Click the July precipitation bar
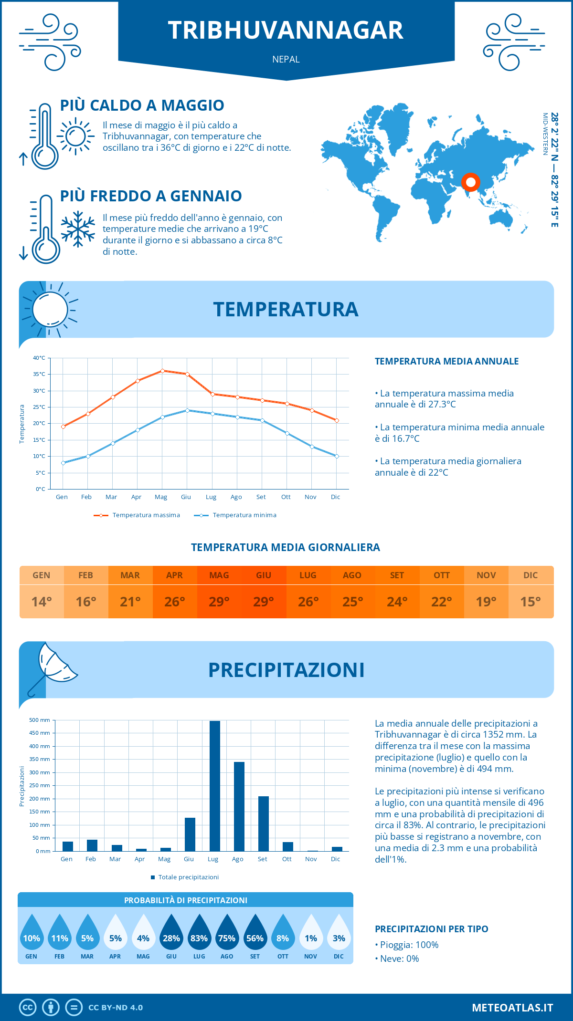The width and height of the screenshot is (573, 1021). pos(215,786)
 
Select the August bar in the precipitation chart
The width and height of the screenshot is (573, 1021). pos(239,806)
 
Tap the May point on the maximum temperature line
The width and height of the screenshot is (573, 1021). pos(162,371)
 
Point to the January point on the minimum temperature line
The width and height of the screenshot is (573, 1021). pos(63,463)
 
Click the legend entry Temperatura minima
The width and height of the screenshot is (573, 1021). pos(244,515)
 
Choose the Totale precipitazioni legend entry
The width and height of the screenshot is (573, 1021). pos(188,877)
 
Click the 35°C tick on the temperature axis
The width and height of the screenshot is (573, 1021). pos(40,374)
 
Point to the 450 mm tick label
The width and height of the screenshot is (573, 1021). pos(40,733)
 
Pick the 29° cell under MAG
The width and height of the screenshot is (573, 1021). pos(219,602)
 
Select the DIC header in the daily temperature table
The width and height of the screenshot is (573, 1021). pos(531,575)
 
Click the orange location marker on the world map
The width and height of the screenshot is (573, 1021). pos(470,182)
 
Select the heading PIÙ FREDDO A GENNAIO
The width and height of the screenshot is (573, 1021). pos(151,196)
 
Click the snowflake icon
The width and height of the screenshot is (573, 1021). pos(78,229)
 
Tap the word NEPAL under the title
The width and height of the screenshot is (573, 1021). pos(286,60)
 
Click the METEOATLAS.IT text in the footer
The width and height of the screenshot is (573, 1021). pos(512,1008)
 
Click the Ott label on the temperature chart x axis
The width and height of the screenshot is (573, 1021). pos(286,497)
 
